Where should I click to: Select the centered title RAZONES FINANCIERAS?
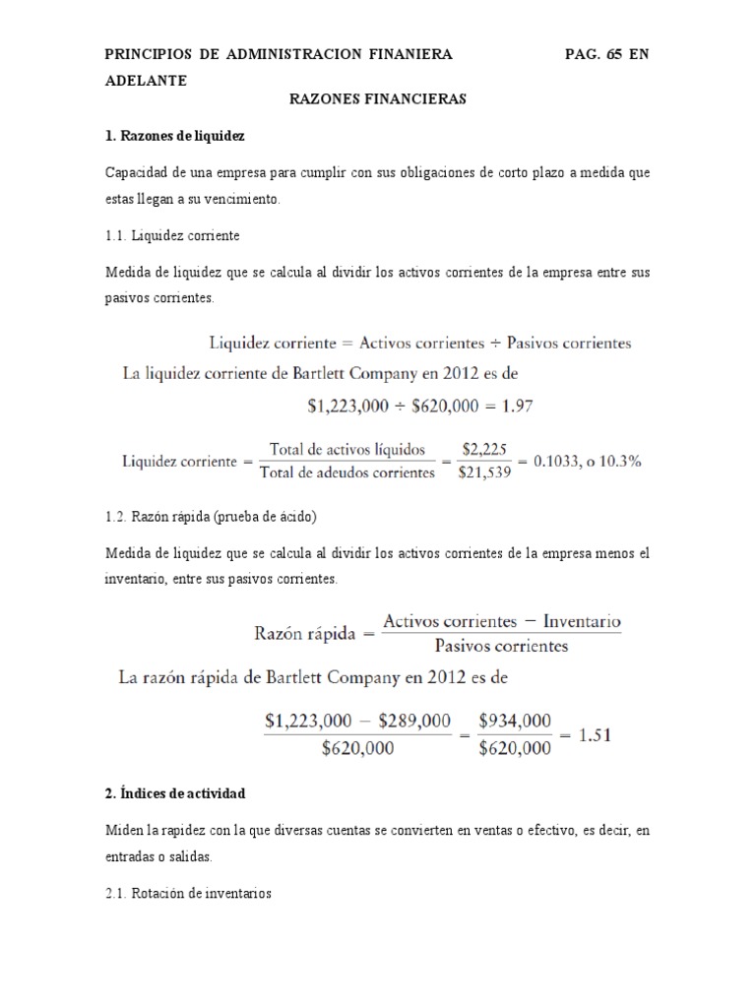[x=378, y=99]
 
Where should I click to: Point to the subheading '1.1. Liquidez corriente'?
[x=172, y=237]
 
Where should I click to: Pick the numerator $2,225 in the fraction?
[x=484, y=449]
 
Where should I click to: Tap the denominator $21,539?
[x=484, y=472]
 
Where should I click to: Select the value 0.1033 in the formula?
[x=559, y=461]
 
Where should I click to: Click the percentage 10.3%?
[x=621, y=461]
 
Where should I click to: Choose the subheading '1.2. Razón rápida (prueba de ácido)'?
[x=211, y=516]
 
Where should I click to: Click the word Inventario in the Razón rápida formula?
[x=582, y=622]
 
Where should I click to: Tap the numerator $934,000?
[x=514, y=721]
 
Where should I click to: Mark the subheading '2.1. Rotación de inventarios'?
[x=188, y=894]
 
